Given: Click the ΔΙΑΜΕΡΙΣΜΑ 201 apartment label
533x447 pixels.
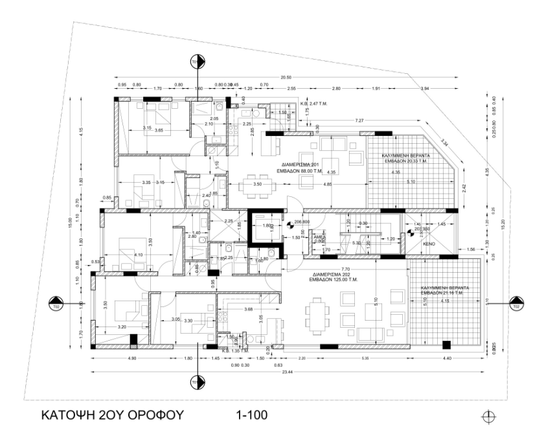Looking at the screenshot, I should pyautogui.click(x=299, y=165).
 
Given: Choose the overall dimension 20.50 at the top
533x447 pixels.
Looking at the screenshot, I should pyautogui.click(x=285, y=76).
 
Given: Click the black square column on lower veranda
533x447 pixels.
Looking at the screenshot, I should pyautogui.click(x=446, y=343).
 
